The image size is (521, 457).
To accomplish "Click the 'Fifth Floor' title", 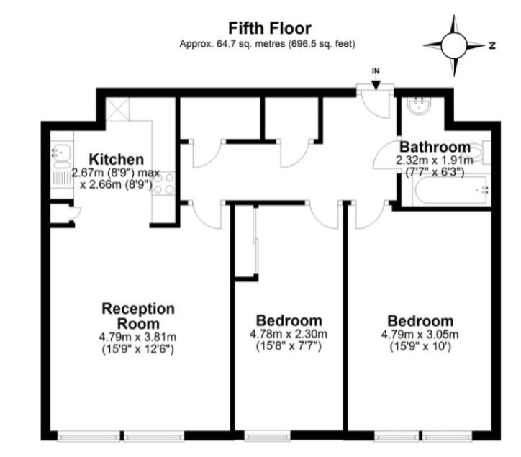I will pos(270,29).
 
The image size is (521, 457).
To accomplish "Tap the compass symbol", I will pos(455,45).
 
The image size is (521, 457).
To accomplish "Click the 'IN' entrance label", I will pos(376,71).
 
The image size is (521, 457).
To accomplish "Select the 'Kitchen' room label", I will pos(116,160).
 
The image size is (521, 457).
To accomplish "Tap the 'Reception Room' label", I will pos(137,315).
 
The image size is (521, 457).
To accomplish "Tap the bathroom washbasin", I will pos(417,109).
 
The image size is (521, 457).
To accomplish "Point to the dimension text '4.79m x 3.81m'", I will pos(137,337).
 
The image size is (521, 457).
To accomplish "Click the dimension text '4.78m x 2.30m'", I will pos(289,334).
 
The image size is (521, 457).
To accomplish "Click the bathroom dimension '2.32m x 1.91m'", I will pos(435,160).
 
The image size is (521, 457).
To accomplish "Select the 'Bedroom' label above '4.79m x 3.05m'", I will pos(420,321).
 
